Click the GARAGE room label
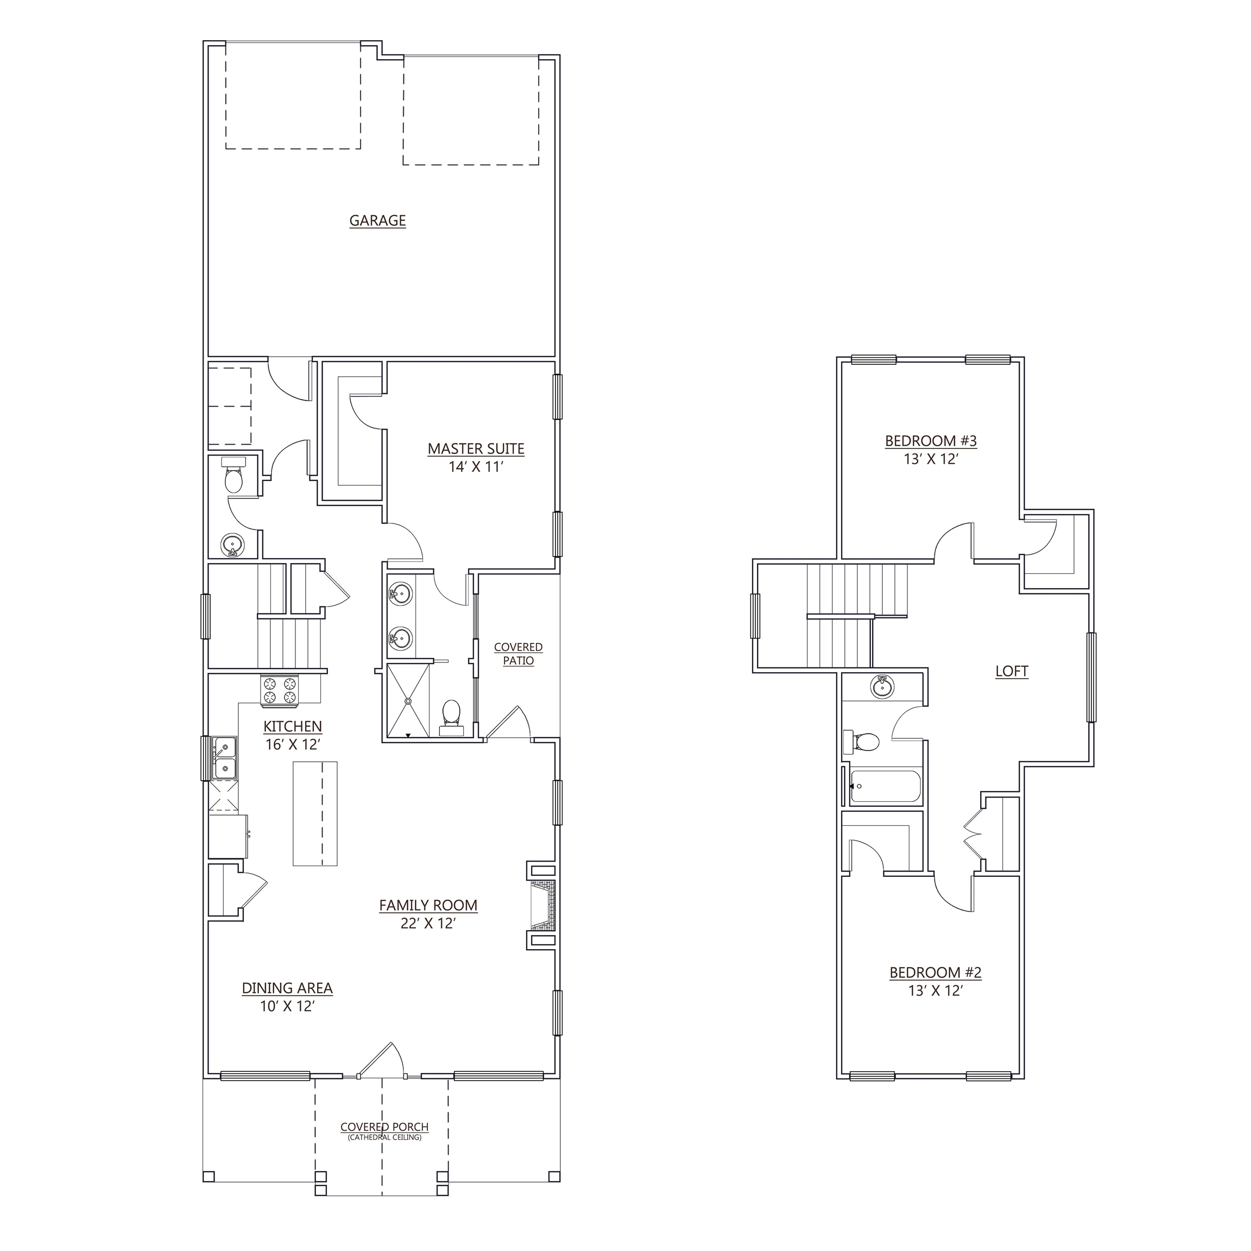(377, 221)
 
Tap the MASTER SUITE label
(476, 448)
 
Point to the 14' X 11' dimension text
(476, 467)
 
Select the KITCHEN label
(293, 726)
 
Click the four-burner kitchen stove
(280, 690)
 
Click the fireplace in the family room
(542, 905)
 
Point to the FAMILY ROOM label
(428, 906)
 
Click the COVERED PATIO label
(518, 654)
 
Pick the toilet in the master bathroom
(451, 717)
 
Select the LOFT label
(1012, 672)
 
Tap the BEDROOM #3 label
(931, 441)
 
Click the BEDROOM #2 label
(935, 991)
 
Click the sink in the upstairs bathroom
(880, 686)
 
